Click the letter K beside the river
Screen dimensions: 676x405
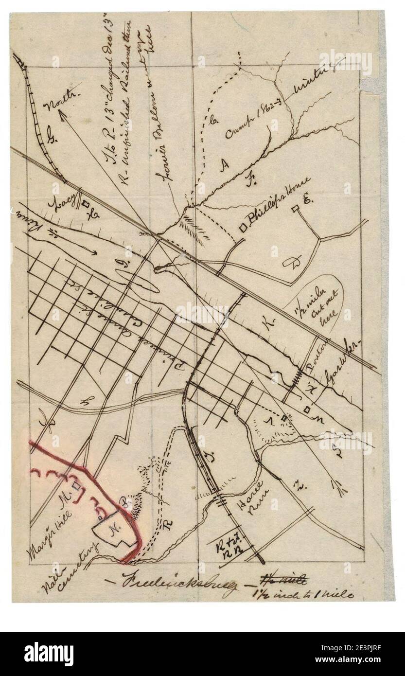click(x=270, y=321)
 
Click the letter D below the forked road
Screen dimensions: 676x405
click(x=296, y=263)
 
